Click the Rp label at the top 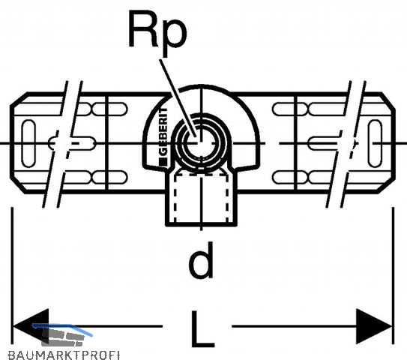pos(157,32)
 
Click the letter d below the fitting pos(201,259)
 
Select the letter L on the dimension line pos(202,329)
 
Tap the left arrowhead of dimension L pos(31,326)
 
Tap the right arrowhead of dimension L pos(374,326)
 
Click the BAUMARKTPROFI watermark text pos(64,355)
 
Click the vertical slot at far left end pos(28,143)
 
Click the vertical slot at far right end pos(375,143)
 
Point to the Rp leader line pos(178,97)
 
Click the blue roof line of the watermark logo pos(62,328)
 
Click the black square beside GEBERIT pos(163,161)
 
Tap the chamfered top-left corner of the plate pos(19,99)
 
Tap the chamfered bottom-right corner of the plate pos(387,186)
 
